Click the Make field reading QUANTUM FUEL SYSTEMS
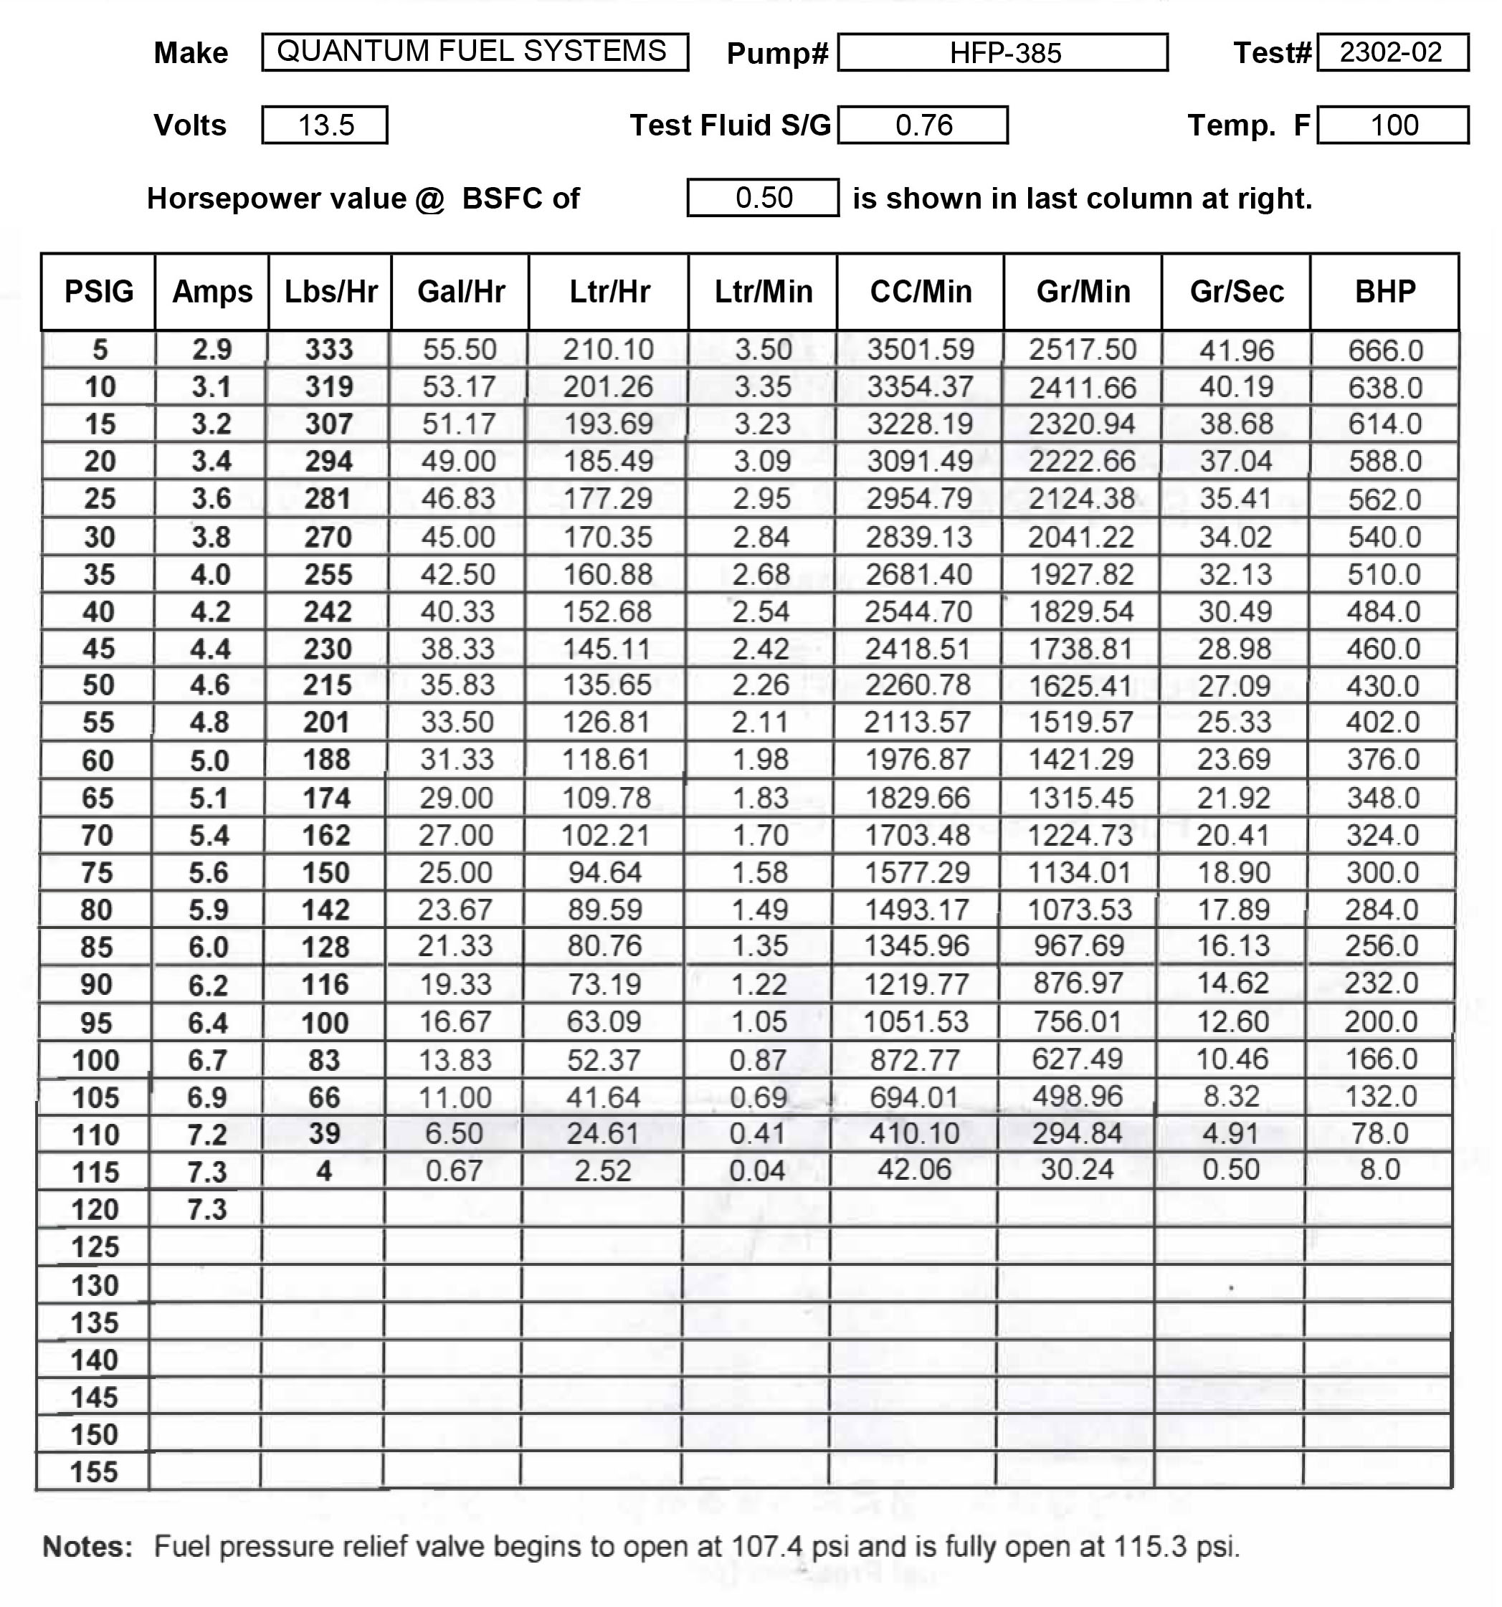tap(475, 52)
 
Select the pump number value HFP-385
tap(1003, 53)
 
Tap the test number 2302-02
tap(1392, 52)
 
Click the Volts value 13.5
tap(325, 125)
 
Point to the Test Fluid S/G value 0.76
tap(923, 125)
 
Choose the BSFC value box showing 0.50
tap(763, 198)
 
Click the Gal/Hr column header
tap(461, 292)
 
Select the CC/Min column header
tap(921, 292)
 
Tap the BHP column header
tap(1385, 292)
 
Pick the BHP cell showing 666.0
tap(1385, 350)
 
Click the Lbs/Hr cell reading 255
tap(328, 575)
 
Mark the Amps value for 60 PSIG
tap(209, 760)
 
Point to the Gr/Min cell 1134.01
tap(1079, 873)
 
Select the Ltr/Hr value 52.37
tap(604, 1060)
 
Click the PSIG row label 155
tap(95, 1472)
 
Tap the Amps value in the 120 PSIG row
tap(207, 1210)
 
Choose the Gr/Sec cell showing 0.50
tap(1230, 1170)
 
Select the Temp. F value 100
tap(1394, 125)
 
